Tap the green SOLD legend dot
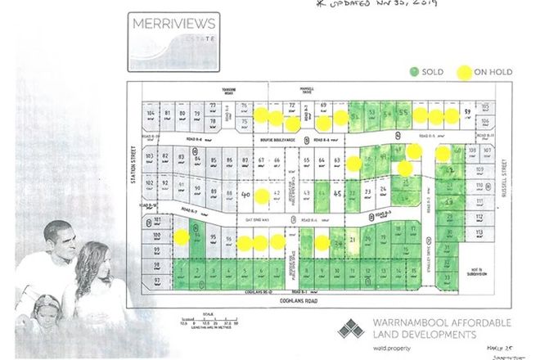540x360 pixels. pyautogui.click(x=414, y=72)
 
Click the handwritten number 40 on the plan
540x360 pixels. pyautogui.click(x=246, y=196)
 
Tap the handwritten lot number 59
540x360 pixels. pyautogui.click(x=468, y=112)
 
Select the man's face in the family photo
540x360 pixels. pyautogui.click(x=63, y=245)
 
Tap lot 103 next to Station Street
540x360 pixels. pyautogui.click(x=150, y=156)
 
